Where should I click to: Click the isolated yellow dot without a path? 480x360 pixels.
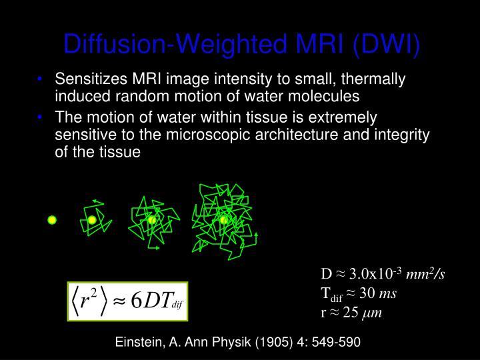(x=52, y=220)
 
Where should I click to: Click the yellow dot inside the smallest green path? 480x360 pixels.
(x=92, y=220)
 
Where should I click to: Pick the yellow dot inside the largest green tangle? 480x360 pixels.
(x=224, y=220)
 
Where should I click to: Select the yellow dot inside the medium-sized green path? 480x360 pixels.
(x=152, y=220)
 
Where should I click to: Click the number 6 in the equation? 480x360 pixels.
(x=136, y=301)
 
